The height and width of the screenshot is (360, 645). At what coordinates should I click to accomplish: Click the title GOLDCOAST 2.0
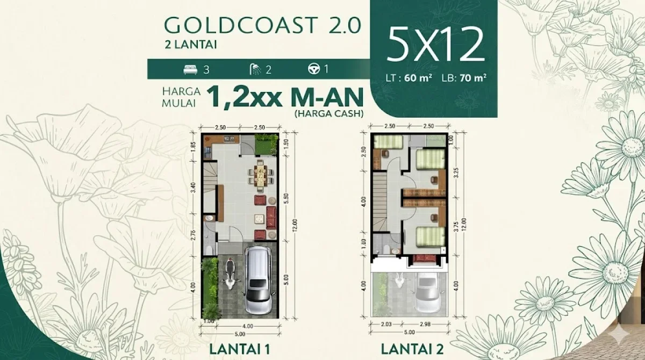click(x=263, y=26)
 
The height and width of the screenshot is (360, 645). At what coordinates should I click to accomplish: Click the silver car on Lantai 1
click(x=258, y=280)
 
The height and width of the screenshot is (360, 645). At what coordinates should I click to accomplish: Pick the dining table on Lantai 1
click(x=260, y=175)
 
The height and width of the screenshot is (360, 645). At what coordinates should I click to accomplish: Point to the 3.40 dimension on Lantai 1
click(x=192, y=189)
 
